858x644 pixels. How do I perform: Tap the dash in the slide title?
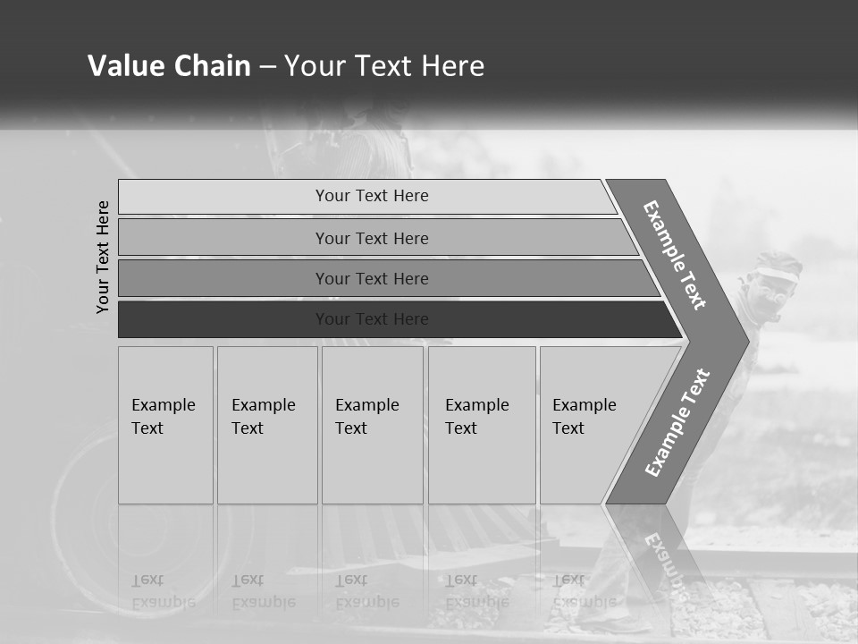(x=268, y=67)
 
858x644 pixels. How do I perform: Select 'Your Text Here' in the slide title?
(x=384, y=66)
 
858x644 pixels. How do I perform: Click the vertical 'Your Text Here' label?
(x=103, y=257)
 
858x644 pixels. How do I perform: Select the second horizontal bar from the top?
(x=372, y=238)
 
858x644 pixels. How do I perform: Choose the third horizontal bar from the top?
(x=372, y=278)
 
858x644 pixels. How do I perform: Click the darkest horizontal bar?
(x=372, y=319)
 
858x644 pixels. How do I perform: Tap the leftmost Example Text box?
(x=165, y=424)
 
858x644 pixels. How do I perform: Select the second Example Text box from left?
(x=266, y=424)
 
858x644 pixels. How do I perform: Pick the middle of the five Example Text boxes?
(x=372, y=424)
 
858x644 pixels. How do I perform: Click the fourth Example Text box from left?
(x=481, y=424)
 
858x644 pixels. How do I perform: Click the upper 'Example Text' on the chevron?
(x=675, y=255)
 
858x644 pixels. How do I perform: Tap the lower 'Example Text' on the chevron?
(x=677, y=423)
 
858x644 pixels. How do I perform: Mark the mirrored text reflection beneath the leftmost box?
(x=164, y=591)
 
